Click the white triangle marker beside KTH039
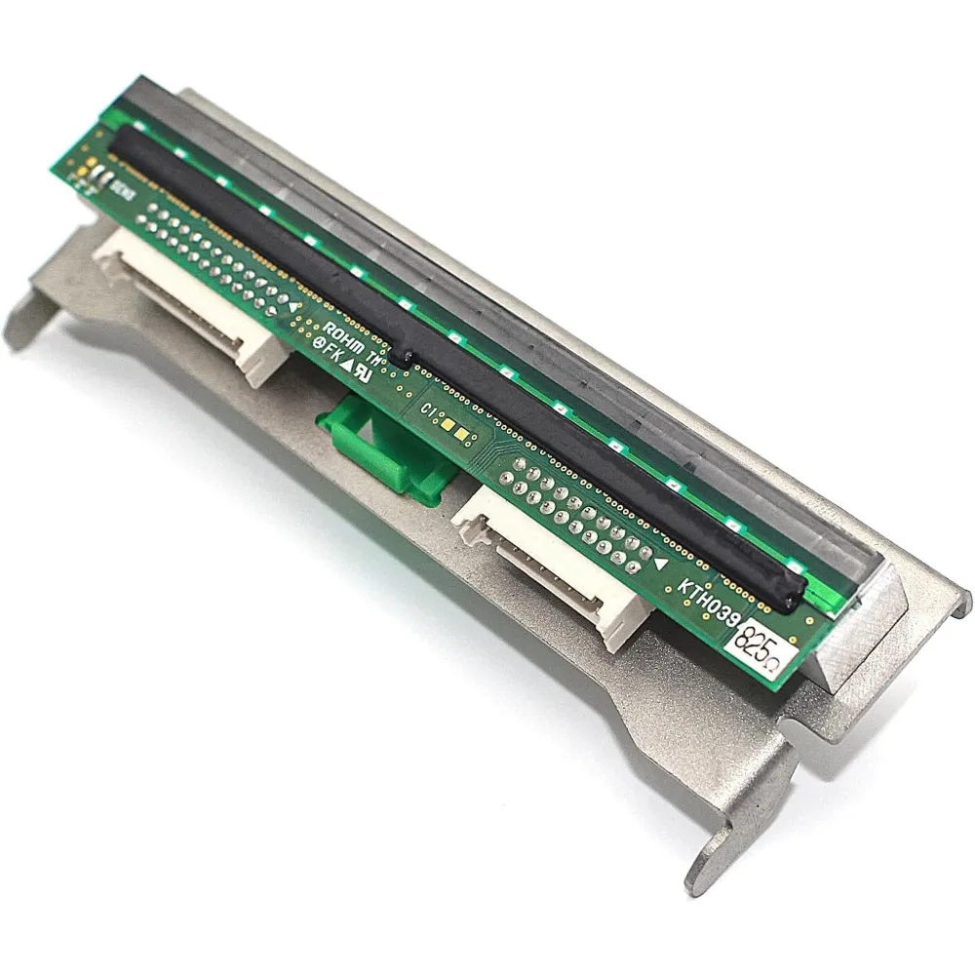click(x=662, y=563)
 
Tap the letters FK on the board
click(x=335, y=353)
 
